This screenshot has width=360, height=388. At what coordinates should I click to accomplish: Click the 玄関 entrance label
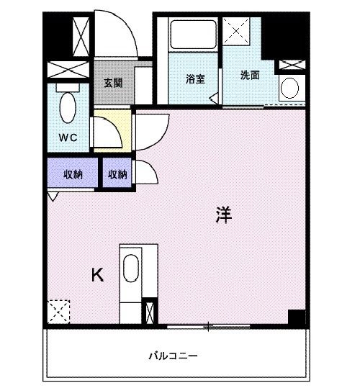(113, 82)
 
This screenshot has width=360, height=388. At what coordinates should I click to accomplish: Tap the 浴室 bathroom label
(194, 78)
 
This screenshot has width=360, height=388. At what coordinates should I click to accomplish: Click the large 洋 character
(223, 214)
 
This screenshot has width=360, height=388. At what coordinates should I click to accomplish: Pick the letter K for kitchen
(97, 274)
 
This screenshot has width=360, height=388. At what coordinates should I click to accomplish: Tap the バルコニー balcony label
(174, 356)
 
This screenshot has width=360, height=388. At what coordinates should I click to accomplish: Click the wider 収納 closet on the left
(73, 173)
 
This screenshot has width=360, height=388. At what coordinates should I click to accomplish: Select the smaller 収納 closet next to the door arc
(117, 173)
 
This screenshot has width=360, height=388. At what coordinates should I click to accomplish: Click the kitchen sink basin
(132, 271)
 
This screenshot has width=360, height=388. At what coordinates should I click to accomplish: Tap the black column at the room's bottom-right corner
(296, 317)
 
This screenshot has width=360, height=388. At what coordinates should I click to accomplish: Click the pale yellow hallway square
(112, 128)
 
